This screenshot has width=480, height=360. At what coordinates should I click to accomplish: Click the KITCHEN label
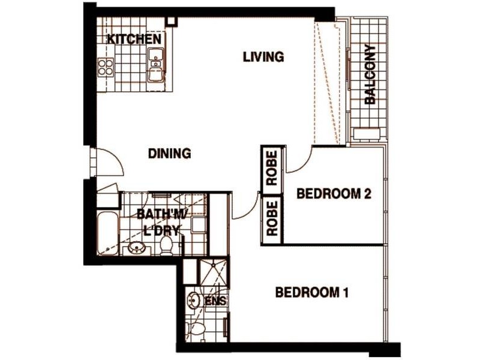click(x=134, y=40)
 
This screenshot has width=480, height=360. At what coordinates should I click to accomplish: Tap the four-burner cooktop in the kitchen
click(x=106, y=66)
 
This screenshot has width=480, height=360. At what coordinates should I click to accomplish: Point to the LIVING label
click(x=263, y=57)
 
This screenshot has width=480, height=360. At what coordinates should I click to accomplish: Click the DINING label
click(x=169, y=154)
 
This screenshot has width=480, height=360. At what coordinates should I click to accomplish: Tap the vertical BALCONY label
click(x=370, y=75)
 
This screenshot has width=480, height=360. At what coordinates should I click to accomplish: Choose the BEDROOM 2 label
click(x=334, y=194)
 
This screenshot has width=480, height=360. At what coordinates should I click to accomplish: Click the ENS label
click(x=215, y=301)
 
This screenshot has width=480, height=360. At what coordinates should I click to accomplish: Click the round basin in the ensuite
click(x=193, y=299)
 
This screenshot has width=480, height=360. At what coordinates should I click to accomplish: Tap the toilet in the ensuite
click(x=193, y=329)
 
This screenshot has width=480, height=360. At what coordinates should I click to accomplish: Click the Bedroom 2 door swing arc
click(x=300, y=161)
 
